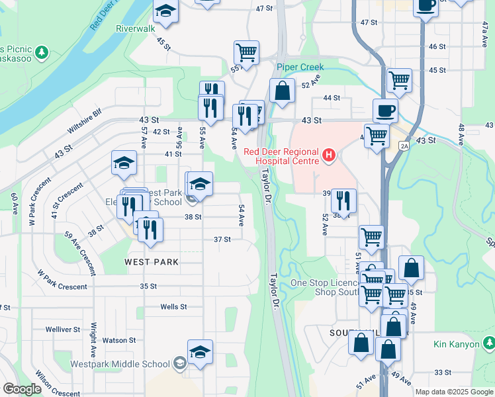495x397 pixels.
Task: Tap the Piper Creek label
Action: tap(300, 67)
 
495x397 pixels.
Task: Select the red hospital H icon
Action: tap(329, 155)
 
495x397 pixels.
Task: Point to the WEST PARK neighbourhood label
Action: tap(152, 262)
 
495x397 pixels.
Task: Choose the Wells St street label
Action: tap(174, 307)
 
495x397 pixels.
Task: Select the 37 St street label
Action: tap(222, 239)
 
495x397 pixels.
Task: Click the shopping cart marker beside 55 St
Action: tap(246, 52)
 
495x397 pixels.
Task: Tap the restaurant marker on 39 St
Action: tap(343, 200)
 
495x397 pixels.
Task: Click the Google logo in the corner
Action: tap(22, 389)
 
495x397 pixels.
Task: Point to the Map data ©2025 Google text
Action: tap(454, 392)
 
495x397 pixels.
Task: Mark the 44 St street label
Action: tap(332, 98)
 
